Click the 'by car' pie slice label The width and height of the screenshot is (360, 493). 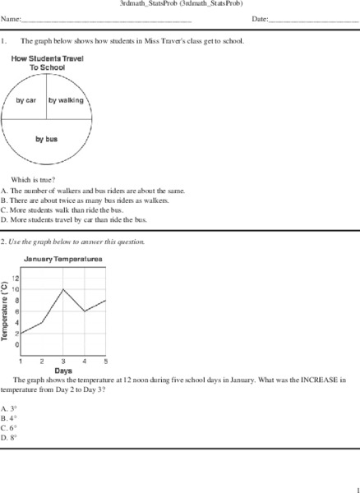(x=26, y=100)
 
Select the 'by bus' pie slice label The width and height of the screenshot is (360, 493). (x=45, y=139)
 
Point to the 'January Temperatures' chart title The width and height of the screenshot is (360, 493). (x=62, y=259)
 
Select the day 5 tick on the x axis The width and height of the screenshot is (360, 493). (x=105, y=361)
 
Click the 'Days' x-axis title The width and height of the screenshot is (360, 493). (x=63, y=371)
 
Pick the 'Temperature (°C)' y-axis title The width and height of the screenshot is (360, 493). (x=5, y=311)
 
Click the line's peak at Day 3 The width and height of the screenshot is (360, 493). (x=63, y=289)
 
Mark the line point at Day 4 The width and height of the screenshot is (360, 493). (x=85, y=311)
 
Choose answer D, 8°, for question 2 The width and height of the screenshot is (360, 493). (x=9, y=438)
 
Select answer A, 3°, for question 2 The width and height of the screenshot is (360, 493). (x=9, y=408)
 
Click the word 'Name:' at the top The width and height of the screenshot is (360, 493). (x=11, y=18)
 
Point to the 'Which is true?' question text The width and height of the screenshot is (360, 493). (x=33, y=179)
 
